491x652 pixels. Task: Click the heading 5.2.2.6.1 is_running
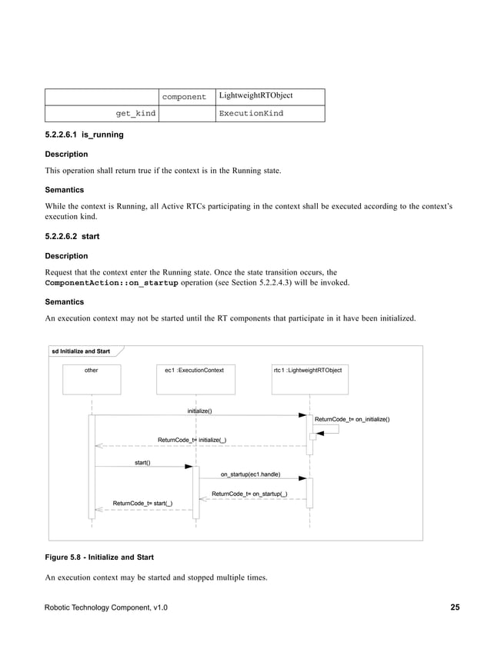pos(84,135)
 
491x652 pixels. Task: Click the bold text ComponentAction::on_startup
pos(112,283)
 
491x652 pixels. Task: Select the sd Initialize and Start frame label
pos(81,351)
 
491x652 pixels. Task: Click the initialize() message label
pos(200,411)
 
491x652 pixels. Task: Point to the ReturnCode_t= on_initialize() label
pos(352,419)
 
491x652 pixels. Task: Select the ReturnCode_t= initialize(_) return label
pos(192,440)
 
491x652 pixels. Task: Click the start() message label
pos(142,463)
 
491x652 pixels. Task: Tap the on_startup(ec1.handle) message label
pos(250,474)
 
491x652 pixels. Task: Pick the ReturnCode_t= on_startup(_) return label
pos(249,494)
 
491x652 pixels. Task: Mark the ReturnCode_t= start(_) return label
pos(142,504)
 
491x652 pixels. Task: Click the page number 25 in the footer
pos(455,608)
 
